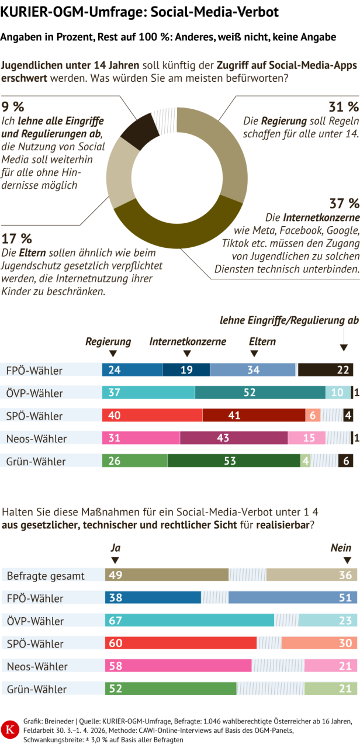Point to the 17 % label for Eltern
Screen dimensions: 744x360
coord(17,238)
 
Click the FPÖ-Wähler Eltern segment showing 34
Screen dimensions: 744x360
coord(252,369)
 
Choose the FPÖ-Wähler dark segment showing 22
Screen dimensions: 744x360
coord(325,369)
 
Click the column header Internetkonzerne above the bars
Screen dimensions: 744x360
coord(188,341)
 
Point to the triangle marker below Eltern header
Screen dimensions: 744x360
coord(254,354)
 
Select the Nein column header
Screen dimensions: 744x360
coord(341,548)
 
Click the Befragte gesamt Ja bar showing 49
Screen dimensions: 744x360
coord(167,575)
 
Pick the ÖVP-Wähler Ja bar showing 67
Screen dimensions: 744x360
coord(189,621)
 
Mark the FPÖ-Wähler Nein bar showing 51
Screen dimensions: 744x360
coord(292,598)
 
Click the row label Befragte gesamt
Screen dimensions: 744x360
coord(46,576)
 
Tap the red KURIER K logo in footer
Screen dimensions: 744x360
coord(9,728)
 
